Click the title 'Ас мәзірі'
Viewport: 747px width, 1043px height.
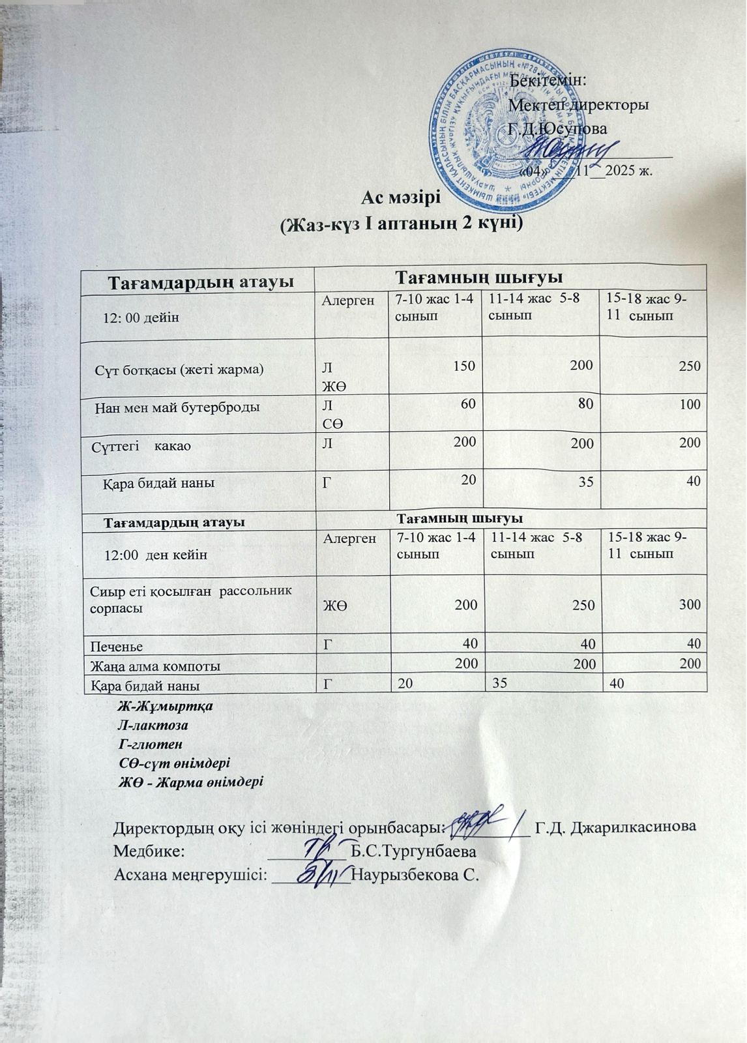401,196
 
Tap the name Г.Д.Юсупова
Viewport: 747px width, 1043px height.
558,128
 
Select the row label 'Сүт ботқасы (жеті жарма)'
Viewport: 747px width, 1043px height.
179,370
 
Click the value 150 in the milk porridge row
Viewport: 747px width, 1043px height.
465,365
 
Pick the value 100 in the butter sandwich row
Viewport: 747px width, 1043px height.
689,404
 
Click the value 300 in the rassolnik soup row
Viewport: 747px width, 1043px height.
689,604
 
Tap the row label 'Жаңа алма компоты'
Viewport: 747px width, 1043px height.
155,666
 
